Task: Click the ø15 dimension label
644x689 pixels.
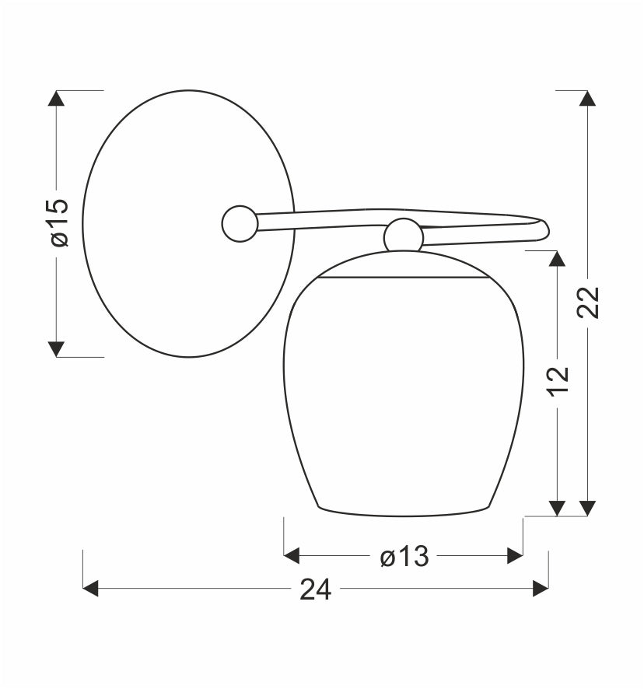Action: [x=60, y=222]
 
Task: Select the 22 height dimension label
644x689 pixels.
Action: [x=588, y=302]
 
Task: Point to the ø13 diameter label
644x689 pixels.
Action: [x=404, y=557]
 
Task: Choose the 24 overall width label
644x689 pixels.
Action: [x=315, y=589]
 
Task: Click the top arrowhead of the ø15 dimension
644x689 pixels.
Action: [x=56, y=98]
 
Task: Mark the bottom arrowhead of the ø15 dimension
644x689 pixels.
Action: [x=56, y=349]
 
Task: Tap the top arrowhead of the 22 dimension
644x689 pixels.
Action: [x=588, y=98]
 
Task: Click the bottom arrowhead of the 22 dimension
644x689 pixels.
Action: [x=588, y=509]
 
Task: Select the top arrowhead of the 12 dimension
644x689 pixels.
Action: [x=558, y=258]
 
